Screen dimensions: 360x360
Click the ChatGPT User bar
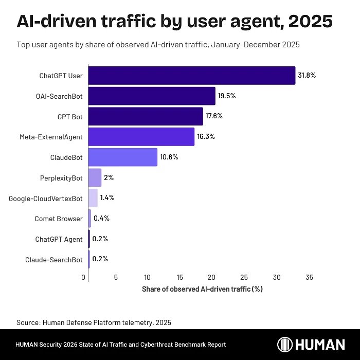(192, 75)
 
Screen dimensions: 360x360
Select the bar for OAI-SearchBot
(152, 96)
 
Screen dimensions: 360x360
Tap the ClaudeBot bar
(123, 157)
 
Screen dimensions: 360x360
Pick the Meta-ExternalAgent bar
(141, 137)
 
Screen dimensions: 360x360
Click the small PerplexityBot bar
(95, 177)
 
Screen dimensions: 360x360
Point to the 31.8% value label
(307, 75)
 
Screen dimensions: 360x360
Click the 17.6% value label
(214, 116)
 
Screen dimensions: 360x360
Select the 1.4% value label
(107, 198)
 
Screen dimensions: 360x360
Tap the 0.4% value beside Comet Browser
(101, 219)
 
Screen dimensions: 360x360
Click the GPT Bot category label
(70, 117)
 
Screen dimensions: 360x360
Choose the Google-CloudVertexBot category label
(46, 199)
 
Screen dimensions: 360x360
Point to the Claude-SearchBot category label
(53, 260)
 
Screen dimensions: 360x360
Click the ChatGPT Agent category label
(59, 239)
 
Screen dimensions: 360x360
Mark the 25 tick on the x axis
(244, 278)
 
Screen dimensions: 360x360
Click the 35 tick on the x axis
(309, 278)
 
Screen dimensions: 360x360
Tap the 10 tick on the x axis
(148, 278)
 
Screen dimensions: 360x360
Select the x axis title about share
(202, 289)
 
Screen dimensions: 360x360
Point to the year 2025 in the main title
(310, 22)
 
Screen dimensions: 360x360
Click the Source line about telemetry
(94, 322)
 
